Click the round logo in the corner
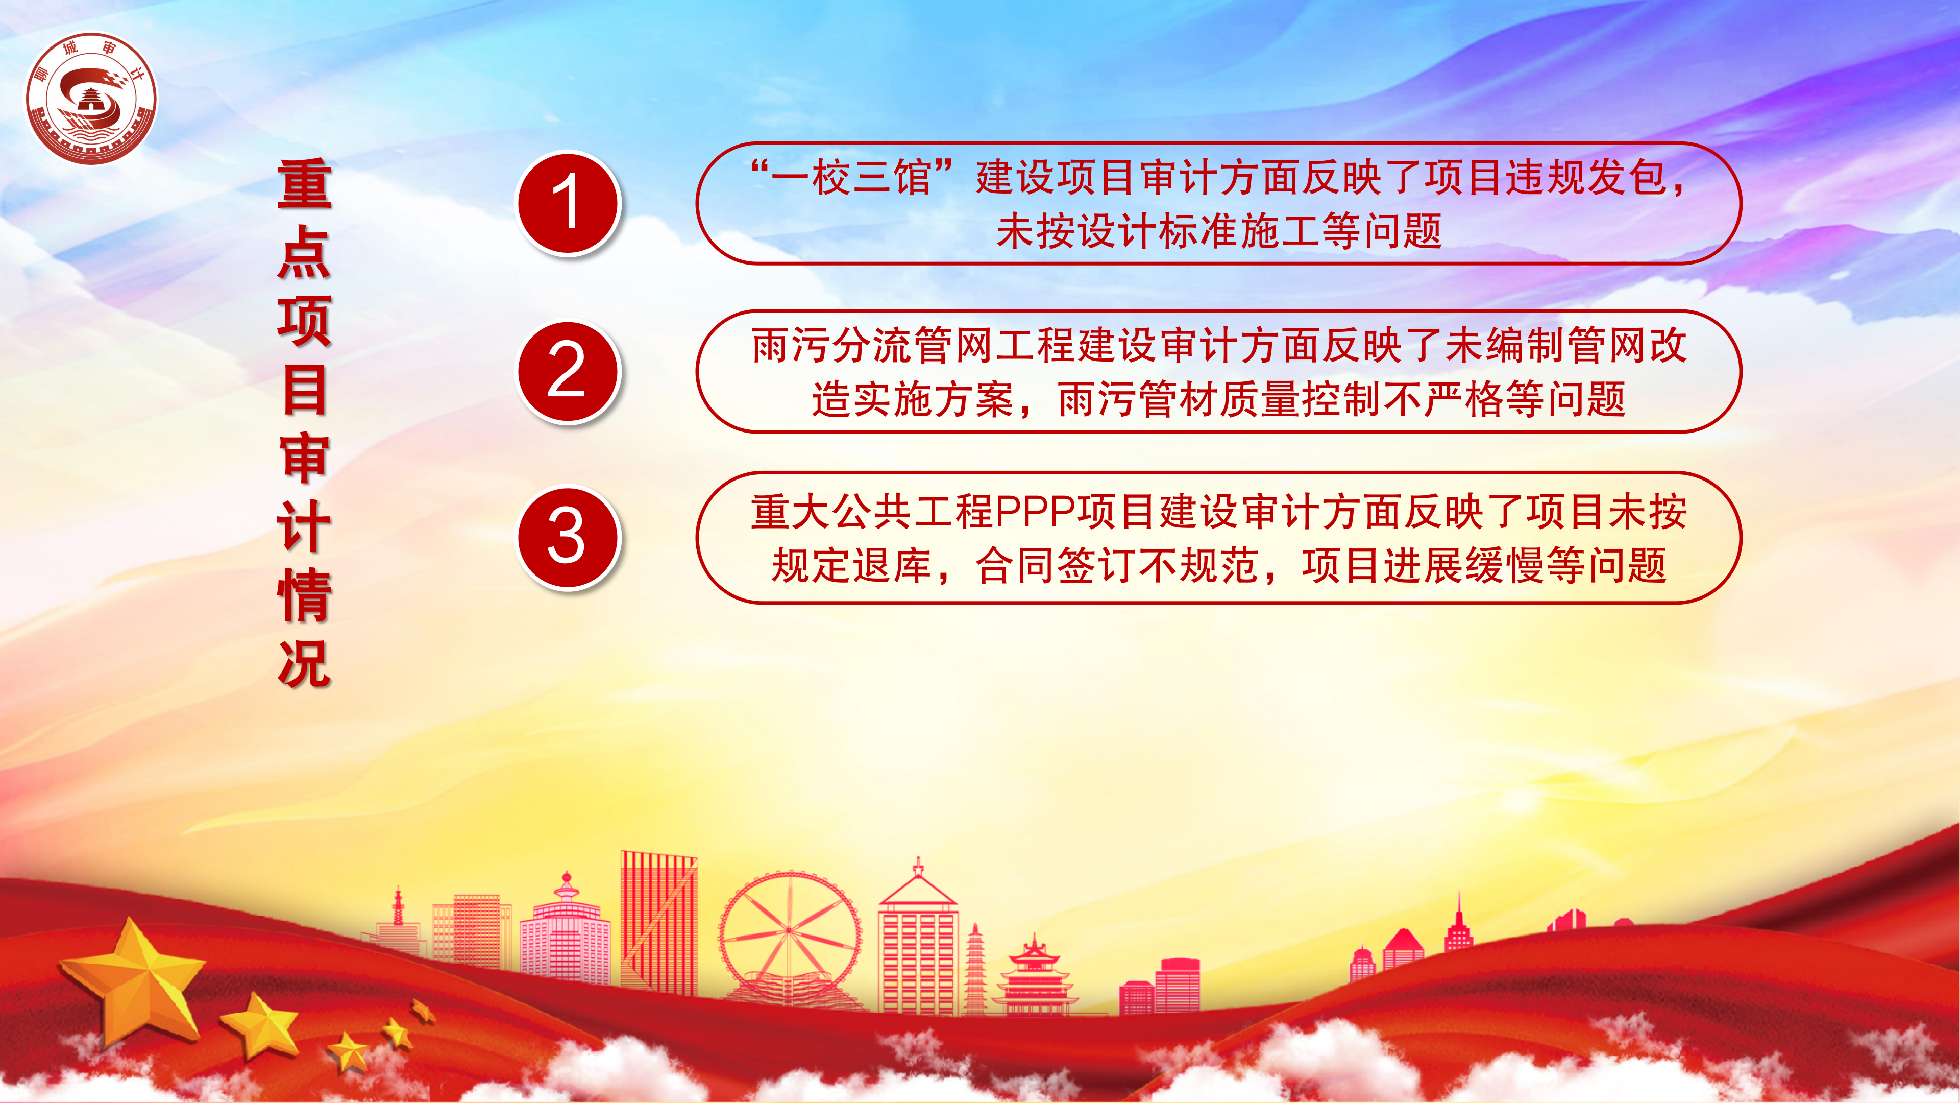pyautogui.click(x=91, y=98)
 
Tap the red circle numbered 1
pyautogui.click(x=569, y=203)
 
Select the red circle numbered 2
pyautogui.click(x=569, y=371)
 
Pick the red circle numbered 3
pyautogui.click(x=569, y=537)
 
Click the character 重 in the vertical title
pyautogui.click(x=304, y=183)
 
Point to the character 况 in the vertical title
pyautogui.click(x=304, y=662)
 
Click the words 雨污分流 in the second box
pyautogui.click(x=832, y=346)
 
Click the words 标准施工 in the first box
pyautogui.click(x=1239, y=231)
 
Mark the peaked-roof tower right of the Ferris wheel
pyautogui.click(x=918, y=938)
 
